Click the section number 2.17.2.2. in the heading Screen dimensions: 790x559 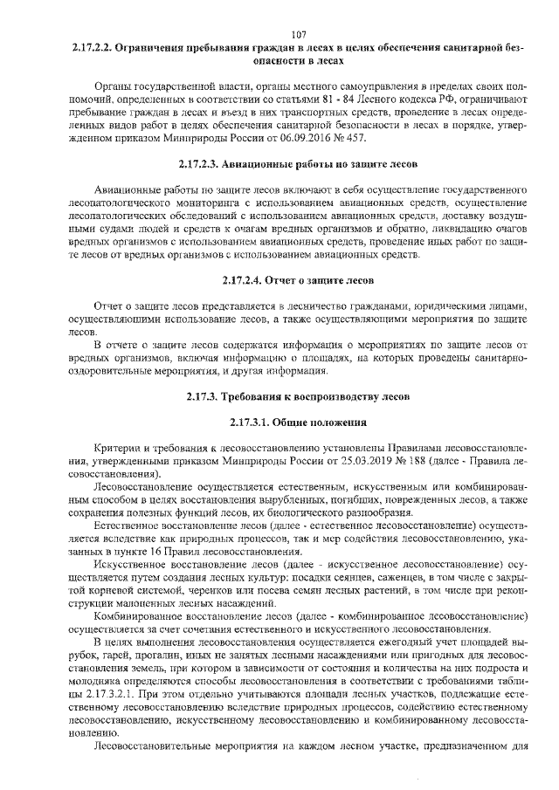pos(93,48)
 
